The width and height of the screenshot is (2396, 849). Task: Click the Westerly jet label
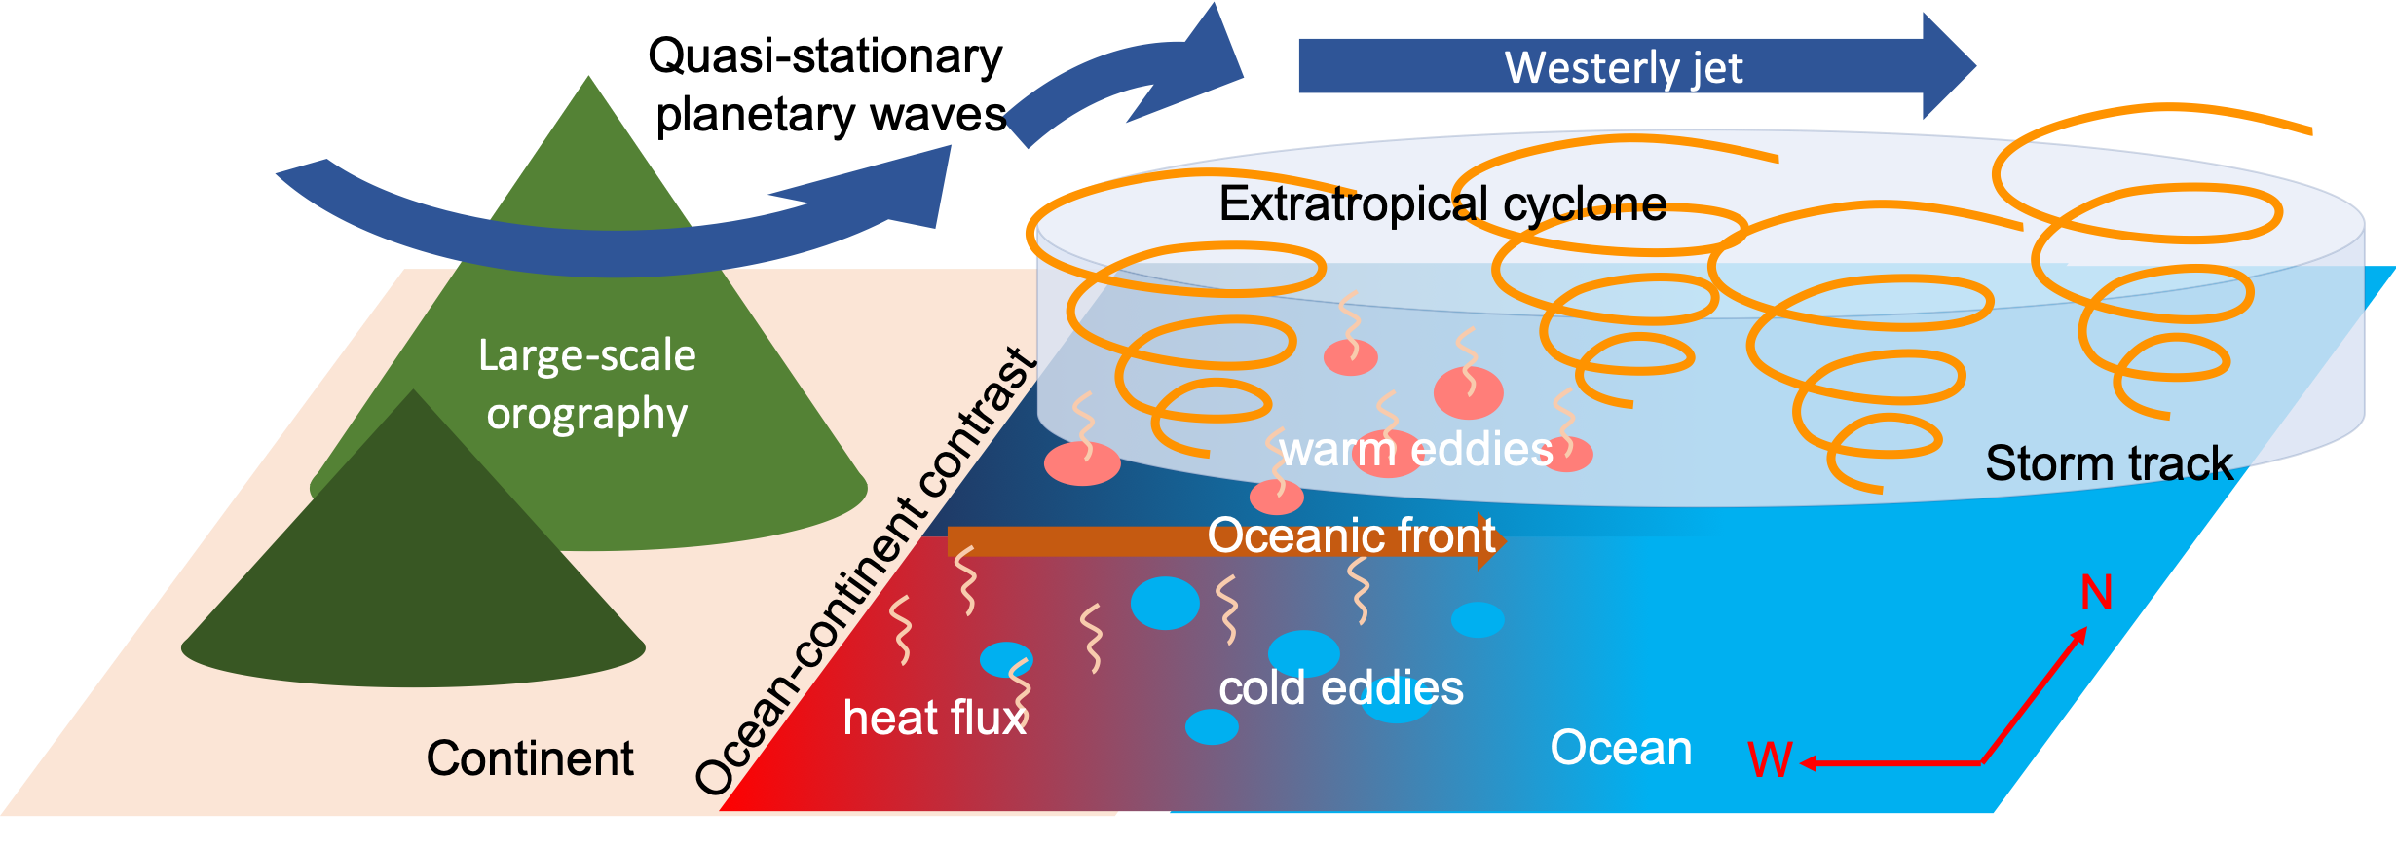[x=1624, y=68]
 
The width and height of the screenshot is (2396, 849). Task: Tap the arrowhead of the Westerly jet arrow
[x=1948, y=66]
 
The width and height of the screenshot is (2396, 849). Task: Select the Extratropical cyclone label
[x=1442, y=204]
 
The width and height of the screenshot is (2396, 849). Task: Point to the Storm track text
[x=2109, y=463]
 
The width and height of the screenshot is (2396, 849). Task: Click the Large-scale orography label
[x=587, y=385]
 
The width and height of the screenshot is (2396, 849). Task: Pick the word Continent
[x=530, y=758]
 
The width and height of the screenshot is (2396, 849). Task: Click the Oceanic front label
[x=1351, y=535]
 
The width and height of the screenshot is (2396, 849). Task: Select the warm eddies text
[x=1416, y=450]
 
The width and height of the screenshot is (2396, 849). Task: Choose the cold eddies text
[x=1341, y=688]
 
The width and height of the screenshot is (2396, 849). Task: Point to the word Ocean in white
[x=1621, y=748]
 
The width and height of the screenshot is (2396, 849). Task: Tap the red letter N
[x=2096, y=593]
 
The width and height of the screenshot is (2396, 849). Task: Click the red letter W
[x=1769, y=760]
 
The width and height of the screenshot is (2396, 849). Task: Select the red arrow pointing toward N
[x=2034, y=695]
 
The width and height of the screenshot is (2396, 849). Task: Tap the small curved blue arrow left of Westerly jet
[x=1120, y=83]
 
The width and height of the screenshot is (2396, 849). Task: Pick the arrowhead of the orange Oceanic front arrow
[x=1491, y=541]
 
